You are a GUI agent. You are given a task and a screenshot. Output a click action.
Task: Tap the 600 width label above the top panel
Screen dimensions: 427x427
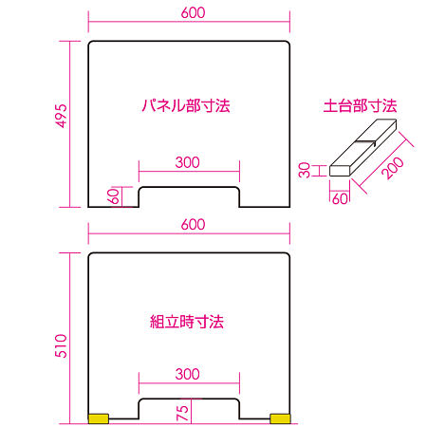(x=189, y=12)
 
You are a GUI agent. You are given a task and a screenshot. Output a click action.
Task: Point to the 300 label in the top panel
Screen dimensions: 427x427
(x=188, y=162)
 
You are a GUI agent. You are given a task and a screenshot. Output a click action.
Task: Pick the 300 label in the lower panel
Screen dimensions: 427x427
(x=188, y=375)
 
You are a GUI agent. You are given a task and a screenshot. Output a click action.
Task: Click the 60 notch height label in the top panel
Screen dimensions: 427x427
(x=114, y=195)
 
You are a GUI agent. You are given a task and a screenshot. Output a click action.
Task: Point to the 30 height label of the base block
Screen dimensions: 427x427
(x=305, y=170)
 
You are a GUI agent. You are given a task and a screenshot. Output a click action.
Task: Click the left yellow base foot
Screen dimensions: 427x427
(x=98, y=418)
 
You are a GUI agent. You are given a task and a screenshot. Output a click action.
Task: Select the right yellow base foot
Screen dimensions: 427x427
(x=280, y=418)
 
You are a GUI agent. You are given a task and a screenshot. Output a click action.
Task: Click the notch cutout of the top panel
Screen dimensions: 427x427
(x=189, y=196)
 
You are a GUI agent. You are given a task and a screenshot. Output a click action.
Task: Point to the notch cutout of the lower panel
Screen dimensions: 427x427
(x=189, y=409)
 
